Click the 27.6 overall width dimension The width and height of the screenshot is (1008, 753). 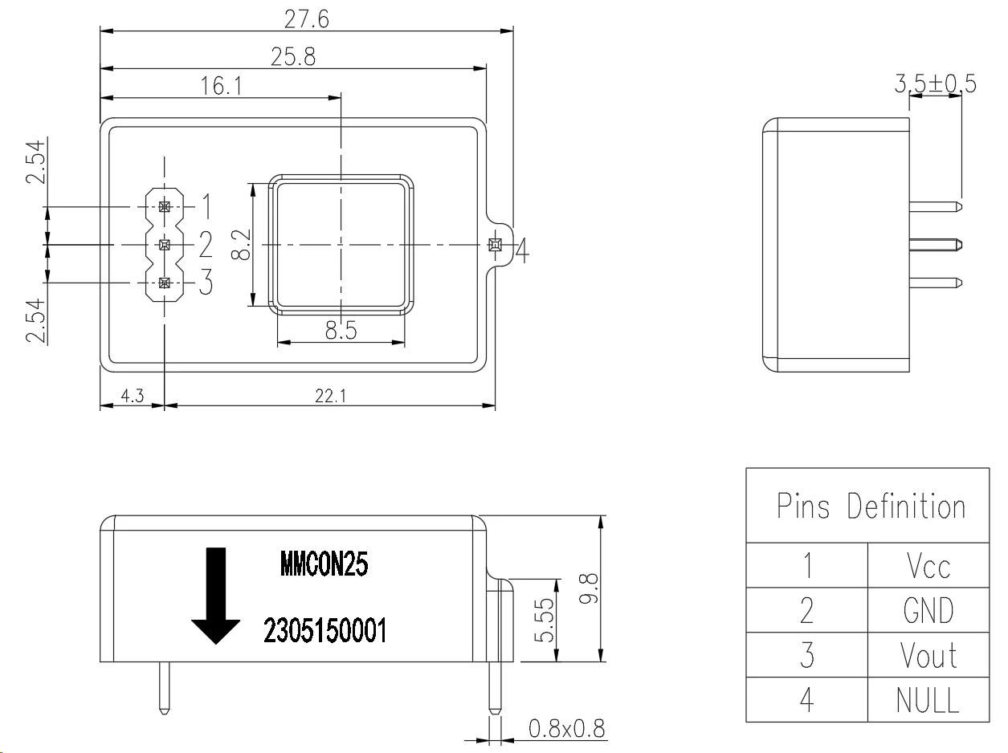306,19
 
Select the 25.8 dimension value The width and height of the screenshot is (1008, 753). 293,57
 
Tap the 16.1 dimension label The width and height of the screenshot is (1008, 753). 221,86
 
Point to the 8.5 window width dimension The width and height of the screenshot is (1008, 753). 341,330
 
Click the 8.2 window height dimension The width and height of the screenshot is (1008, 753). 241,245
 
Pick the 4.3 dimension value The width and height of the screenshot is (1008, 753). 133,396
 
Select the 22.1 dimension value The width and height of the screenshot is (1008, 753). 331,396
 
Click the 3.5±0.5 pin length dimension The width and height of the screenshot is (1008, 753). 935,83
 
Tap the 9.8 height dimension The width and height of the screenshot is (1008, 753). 588,588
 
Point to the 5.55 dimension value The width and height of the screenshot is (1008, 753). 545,620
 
